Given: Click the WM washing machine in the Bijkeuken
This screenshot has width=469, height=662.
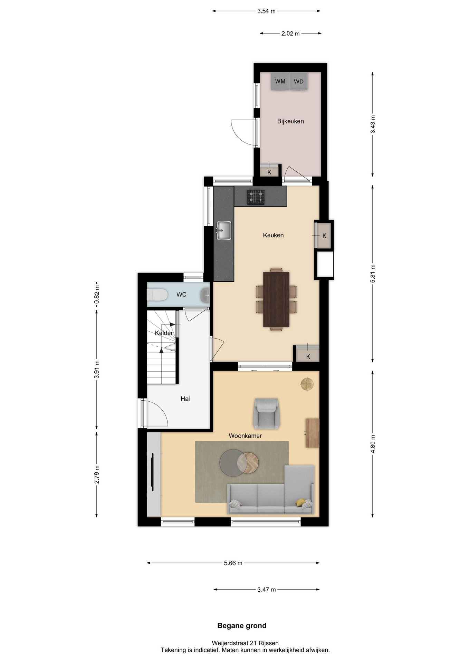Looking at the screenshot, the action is point(280,81).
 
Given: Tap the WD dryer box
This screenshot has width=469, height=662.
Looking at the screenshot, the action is point(299,81).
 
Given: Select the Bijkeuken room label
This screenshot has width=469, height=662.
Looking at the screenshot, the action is point(290,121).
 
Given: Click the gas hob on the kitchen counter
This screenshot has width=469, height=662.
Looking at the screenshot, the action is point(256,197).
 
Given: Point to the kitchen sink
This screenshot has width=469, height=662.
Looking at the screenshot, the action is point(224,230).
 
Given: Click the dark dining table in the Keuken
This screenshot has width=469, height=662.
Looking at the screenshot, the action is point(276,299).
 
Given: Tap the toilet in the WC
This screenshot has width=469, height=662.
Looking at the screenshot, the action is point(157,295).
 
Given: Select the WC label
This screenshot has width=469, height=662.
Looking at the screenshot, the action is point(181,294).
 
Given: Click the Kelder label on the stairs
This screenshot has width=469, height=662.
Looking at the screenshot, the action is point(164,333).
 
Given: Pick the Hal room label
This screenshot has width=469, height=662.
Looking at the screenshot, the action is point(185,399).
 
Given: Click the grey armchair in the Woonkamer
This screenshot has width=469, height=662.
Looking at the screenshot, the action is point(266,414).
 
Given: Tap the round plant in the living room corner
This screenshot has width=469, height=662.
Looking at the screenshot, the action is point(307,384).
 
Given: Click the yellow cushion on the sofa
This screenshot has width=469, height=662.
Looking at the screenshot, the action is point(300,502).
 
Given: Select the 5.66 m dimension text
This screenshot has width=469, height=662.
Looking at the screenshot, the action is point(233,563).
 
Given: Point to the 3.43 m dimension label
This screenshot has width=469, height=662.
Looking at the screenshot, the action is point(373,124).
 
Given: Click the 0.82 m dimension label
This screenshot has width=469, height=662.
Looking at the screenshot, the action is point(97,295).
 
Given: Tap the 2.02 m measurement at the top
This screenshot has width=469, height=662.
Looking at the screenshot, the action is point(290,33).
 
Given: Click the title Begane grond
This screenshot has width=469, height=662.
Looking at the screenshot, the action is point(242,625).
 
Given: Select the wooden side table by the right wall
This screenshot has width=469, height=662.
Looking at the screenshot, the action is point(312,433).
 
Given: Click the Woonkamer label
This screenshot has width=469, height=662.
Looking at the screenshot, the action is point(245,436).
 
